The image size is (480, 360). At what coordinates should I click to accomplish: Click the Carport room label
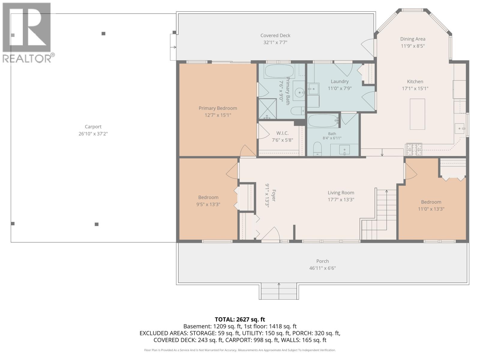pos(93,127)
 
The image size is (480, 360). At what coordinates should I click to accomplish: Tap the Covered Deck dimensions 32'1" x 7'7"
pos(275,42)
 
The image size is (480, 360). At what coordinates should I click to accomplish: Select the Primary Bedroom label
pos(218,108)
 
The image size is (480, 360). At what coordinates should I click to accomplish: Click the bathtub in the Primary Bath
pos(279,71)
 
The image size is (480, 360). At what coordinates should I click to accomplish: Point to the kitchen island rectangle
pos(417,114)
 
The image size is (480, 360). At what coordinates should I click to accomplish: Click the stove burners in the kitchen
pos(414,149)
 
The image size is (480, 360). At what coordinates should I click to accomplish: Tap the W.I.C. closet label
pos(282,133)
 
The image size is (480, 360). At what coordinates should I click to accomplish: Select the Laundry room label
pos(340,82)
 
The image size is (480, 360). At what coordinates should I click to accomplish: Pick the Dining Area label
pos(412,39)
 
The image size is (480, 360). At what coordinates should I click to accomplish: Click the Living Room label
pos(341,193)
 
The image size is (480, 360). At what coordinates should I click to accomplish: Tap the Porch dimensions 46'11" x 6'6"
pos(322,268)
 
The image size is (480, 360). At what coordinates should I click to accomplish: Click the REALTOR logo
pos(28,33)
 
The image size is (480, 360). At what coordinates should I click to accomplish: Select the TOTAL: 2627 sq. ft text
pos(240,319)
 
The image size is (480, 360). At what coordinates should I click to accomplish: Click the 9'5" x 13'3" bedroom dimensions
pos(208,204)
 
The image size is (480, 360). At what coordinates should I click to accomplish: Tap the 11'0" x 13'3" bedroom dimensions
pos(431,209)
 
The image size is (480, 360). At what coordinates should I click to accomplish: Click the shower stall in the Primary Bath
pos(267,109)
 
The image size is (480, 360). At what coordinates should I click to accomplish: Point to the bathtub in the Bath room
pos(323,120)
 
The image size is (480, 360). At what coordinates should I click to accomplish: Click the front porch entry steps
pos(279,291)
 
